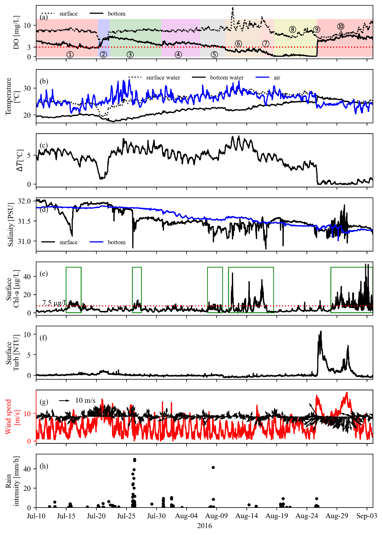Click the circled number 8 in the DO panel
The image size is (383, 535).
[292, 29]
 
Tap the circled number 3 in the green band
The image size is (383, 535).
[130, 55]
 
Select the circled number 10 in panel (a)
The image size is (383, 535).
[341, 26]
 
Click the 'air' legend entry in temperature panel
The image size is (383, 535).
[277, 78]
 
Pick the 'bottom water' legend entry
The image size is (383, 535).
[227, 78]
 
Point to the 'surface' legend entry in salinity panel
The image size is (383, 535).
[68, 242]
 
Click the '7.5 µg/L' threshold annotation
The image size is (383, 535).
[54, 303]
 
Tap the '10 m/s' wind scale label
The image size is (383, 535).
[85, 400]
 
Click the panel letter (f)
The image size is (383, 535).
[43, 338]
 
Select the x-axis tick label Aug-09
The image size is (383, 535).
[217, 516]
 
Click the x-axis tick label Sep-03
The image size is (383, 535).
[367, 516]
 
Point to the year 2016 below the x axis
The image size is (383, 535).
[204, 526]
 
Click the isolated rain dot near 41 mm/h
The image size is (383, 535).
[213, 467]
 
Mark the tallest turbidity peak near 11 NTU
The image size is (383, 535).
[321, 332]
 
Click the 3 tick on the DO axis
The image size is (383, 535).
[29, 47]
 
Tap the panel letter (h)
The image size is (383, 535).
[43, 466]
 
